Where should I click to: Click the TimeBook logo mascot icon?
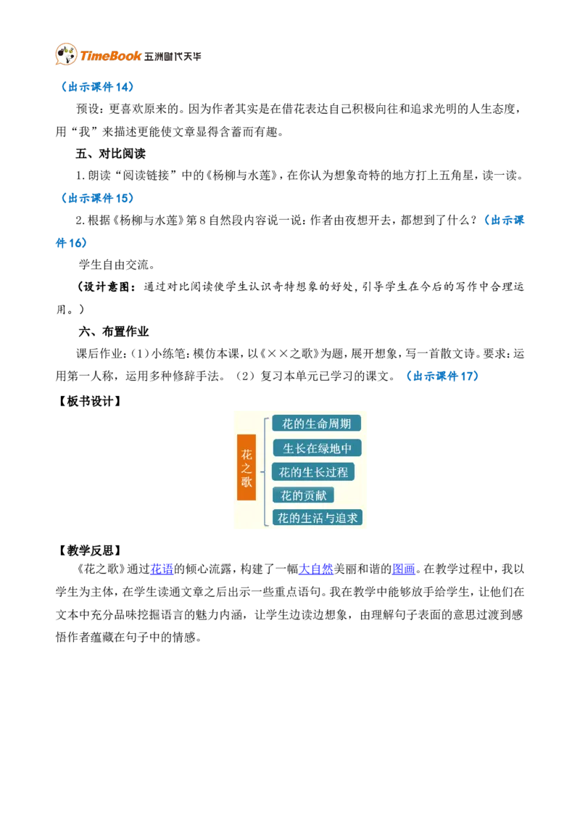pyautogui.click(x=66, y=54)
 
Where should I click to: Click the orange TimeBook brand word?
pyautogui.click(x=110, y=56)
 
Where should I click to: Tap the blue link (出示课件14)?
pyautogui.click(x=97, y=87)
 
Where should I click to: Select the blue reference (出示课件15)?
pyautogui.click(x=97, y=198)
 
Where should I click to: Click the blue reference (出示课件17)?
pyautogui.click(x=442, y=376)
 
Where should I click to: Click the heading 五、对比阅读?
pyautogui.click(x=110, y=154)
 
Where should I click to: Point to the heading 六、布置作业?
pyautogui.click(x=114, y=331)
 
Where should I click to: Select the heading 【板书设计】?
pyautogui.click(x=89, y=402)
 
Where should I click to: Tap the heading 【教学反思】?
pyautogui.click(x=89, y=550)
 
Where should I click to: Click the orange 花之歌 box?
pyautogui.click(x=246, y=468)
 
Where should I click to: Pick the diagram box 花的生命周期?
pyautogui.click(x=317, y=424)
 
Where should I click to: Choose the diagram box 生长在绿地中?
pyautogui.click(x=318, y=448)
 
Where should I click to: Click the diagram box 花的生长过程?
pyautogui.click(x=313, y=472)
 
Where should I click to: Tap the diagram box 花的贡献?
pyautogui.click(x=304, y=495)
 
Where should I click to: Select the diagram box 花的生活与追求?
pyautogui.click(x=318, y=519)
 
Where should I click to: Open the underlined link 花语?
pyautogui.click(x=162, y=569)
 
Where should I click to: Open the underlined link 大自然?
pyautogui.click(x=316, y=569)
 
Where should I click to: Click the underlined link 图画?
pyautogui.click(x=404, y=569)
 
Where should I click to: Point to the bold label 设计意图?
pyautogui.click(x=107, y=287)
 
